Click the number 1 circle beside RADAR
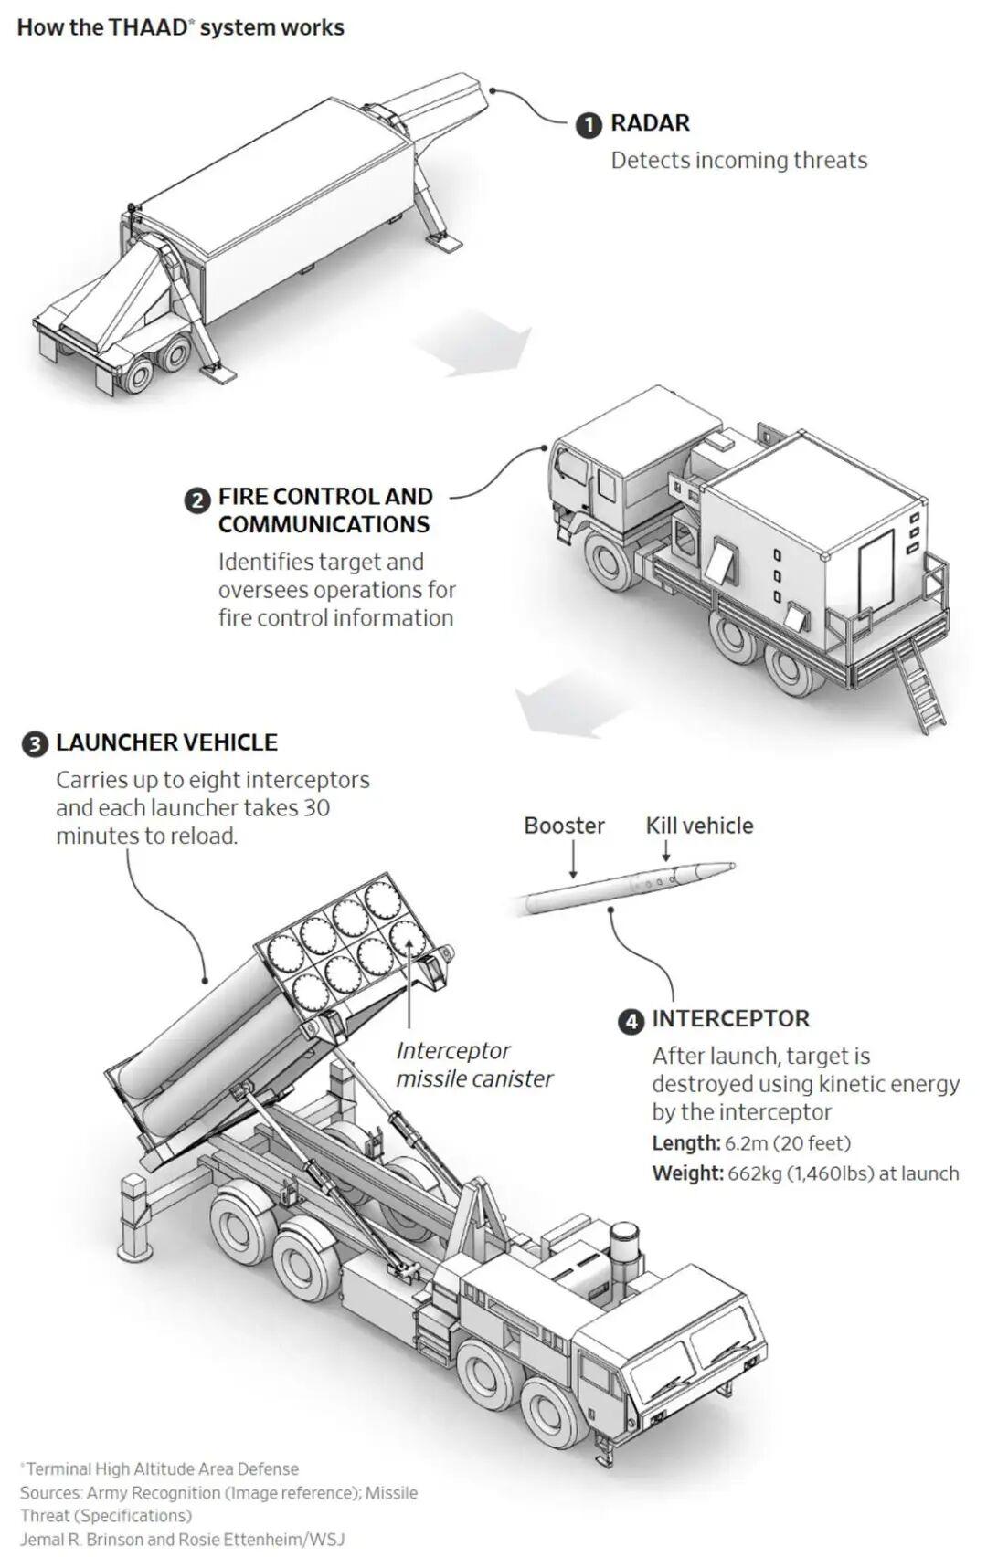[589, 126]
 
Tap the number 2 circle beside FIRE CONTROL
[196, 500]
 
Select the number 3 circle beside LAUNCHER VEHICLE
[35, 745]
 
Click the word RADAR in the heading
[651, 123]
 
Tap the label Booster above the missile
[564, 826]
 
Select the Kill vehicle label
[699, 826]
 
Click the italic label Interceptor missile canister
[474, 1065]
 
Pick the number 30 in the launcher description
[316, 807]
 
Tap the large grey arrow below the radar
[475, 344]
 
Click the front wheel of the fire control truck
[610, 562]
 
